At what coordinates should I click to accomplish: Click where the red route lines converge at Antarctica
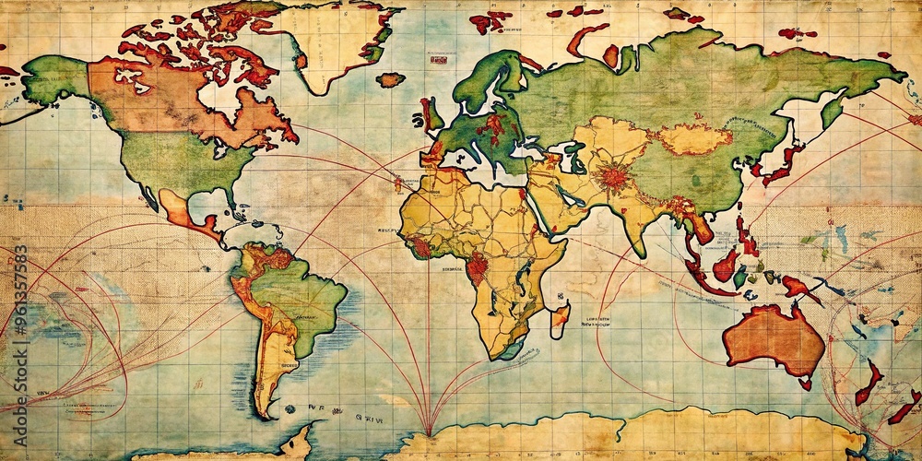(x=428, y=431)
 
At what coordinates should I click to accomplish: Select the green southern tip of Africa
(x=510, y=350)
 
